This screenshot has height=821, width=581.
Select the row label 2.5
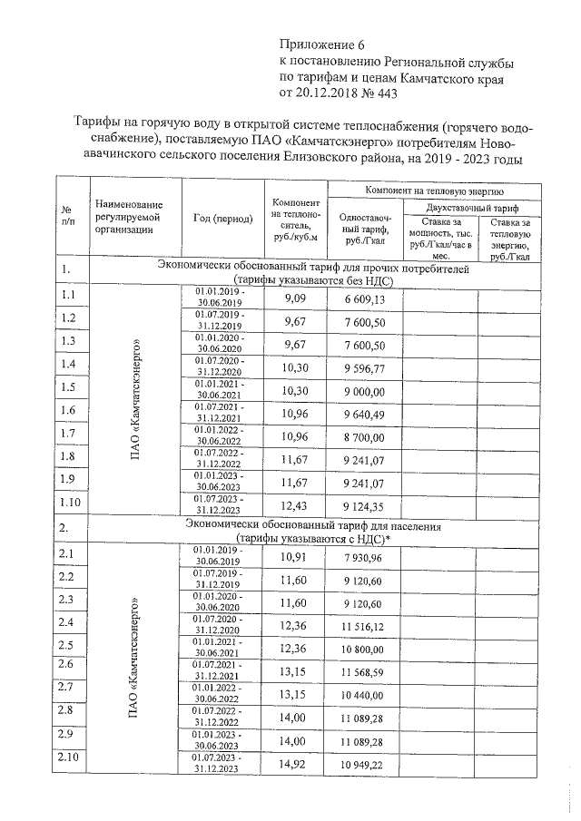67,645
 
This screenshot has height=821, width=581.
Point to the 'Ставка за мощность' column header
441,238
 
